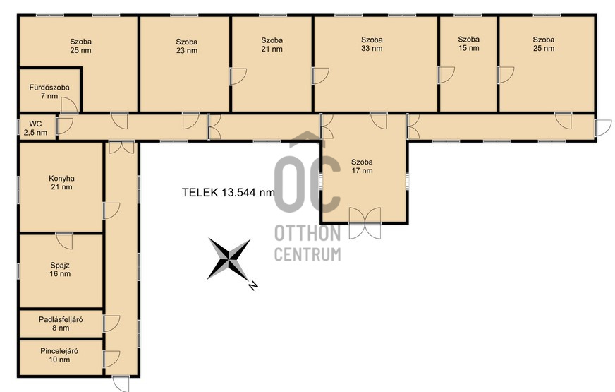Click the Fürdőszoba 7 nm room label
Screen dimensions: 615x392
pos(49,92)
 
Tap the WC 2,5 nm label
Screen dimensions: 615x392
pos(35,129)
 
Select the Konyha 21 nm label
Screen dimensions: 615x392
pos(61,183)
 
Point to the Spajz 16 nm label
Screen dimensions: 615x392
pos(60,269)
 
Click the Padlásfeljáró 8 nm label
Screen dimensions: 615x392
pos(61,323)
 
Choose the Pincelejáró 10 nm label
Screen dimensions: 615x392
pos(59,355)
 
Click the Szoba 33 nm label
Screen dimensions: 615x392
pos(372,44)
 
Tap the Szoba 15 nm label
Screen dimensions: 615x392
pos(469,44)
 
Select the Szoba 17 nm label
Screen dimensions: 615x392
pos(362,166)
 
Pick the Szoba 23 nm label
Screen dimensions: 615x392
pos(187,46)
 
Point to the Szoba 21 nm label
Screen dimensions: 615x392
pos(272,44)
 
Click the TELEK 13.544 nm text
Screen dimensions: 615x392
pos(229,192)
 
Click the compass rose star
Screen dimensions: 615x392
pos(229,259)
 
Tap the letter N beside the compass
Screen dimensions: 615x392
pos(253,285)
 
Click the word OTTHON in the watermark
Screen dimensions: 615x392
pos(307,234)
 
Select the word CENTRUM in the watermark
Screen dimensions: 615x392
pos(307,254)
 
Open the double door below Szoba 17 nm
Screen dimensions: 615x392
pos(365,223)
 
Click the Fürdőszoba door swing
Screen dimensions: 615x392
pos(69,105)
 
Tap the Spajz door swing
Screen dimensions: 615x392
pos(64,241)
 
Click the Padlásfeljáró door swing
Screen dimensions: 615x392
pos(111,323)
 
